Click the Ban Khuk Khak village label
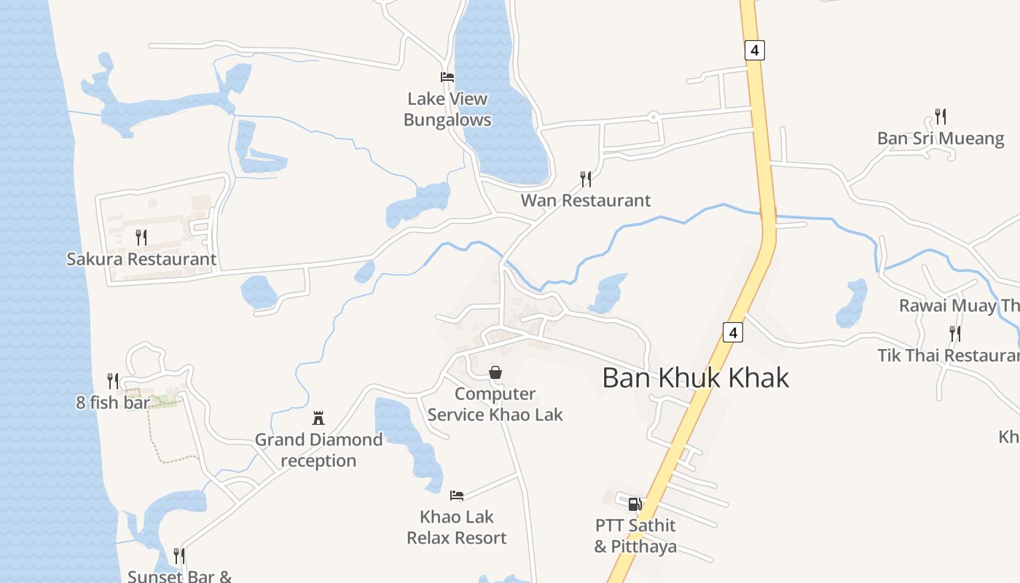point(696,377)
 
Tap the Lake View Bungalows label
point(447,109)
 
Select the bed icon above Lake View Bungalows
point(447,77)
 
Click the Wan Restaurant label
point(585,200)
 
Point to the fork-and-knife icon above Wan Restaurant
point(585,179)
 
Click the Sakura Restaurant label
point(141,259)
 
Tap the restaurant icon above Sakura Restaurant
point(141,237)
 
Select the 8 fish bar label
point(113,402)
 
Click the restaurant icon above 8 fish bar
point(113,380)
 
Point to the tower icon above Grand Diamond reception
point(318,418)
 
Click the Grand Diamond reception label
point(318,450)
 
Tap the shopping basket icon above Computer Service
point(495,372)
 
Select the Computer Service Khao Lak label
point(495,404)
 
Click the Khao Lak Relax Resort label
point(457,528)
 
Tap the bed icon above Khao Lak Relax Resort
point(457,496)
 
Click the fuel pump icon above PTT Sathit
point(635,504)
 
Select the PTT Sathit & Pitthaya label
point(635,536)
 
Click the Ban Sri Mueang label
point(941,138)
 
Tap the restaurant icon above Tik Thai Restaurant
point(954,334)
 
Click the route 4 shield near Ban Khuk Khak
point(733,332)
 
